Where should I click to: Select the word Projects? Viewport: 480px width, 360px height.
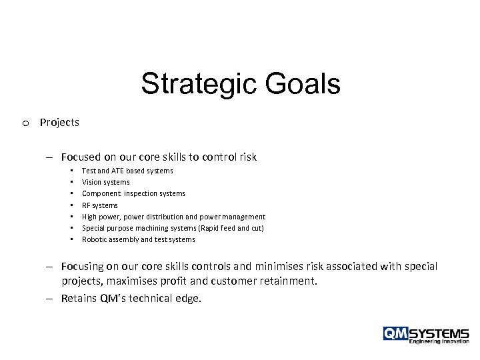59,123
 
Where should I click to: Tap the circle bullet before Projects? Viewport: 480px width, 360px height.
25,123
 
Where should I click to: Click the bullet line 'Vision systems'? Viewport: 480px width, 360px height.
106,182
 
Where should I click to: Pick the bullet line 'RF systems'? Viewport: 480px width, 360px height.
100,205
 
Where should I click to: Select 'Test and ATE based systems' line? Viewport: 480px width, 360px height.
127,171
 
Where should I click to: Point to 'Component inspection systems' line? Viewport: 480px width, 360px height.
133,193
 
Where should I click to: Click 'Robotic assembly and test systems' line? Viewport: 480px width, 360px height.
139,239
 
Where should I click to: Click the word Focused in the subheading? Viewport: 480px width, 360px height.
81,158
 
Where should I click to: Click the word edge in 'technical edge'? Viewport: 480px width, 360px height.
187,299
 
